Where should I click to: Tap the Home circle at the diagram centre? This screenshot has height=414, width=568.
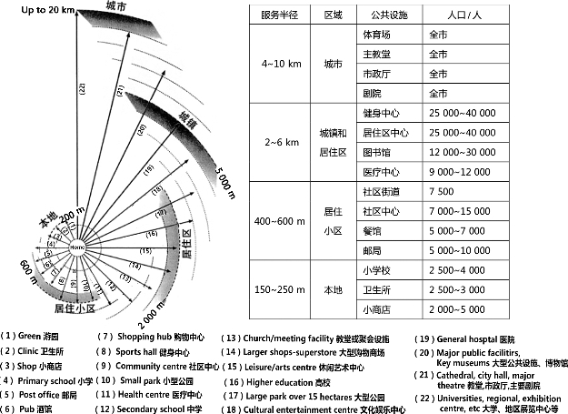tap(77, 247)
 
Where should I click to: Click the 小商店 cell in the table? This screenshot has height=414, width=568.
tap(380, 308)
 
